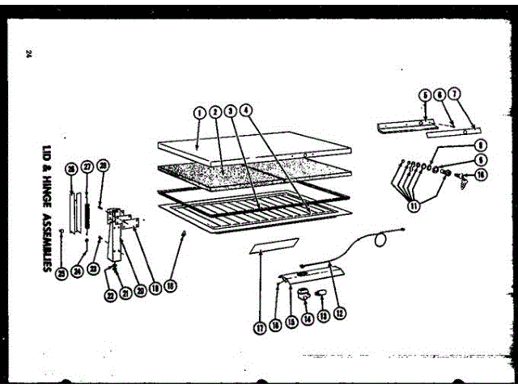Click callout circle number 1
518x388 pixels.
click(x=198, y=112)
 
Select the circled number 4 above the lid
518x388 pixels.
click(x=246, y=109)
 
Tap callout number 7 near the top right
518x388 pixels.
click(x=454, y=94)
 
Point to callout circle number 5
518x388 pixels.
click(x=424, y=94)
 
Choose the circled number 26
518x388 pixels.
click(x=70, y=167)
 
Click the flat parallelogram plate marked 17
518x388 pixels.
click(x=275, y=246)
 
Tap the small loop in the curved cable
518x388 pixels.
click(x=380, y=237)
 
